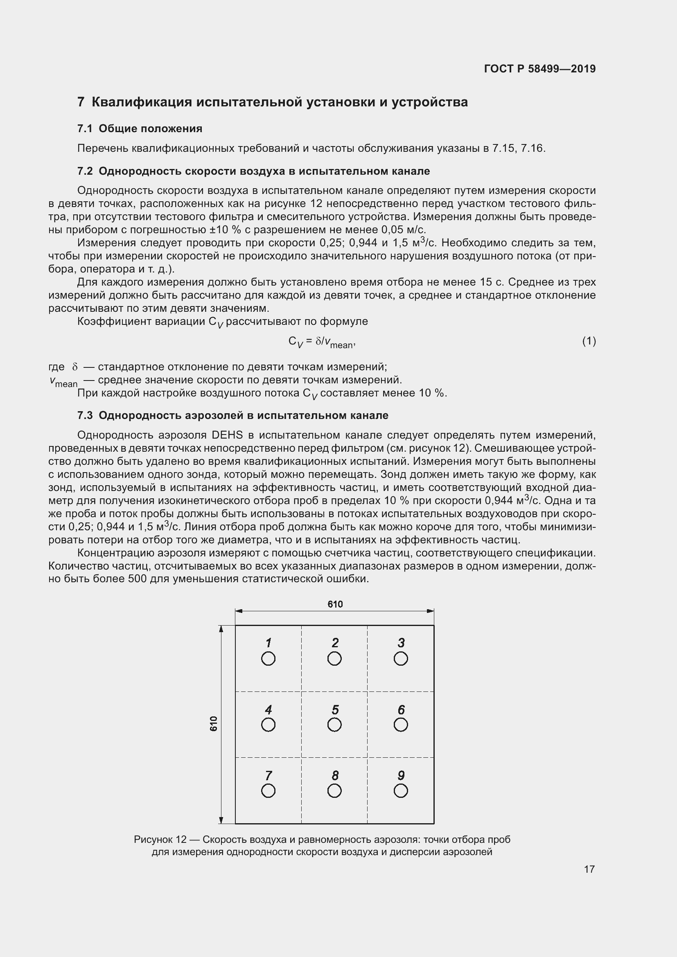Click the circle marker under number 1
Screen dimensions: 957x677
(x=268, y=659)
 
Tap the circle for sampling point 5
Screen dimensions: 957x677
(x=334, y=725)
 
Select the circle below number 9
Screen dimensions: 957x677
(x=401, y=791)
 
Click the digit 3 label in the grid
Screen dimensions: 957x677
(x=401, y=643)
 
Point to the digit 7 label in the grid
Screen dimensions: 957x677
(x=269, y=775)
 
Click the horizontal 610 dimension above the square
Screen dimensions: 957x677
(x=335, y=604)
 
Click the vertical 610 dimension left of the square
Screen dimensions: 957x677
(x=213, y=724)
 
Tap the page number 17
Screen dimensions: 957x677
(x=589, y=869)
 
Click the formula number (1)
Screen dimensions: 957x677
(x=589, y=341)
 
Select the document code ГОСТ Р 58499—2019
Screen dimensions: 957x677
(x=540, y=69)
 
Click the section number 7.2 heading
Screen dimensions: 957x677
(x=87, y=171)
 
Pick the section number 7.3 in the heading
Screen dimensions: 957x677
(x=87, y=416)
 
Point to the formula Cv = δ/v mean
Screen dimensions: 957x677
(x=321, y=342)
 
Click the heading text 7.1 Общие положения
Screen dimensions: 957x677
(x=140, y=128)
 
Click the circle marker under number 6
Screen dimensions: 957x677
(x=401, y=725)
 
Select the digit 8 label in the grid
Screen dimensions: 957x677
(x=335, y=775)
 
